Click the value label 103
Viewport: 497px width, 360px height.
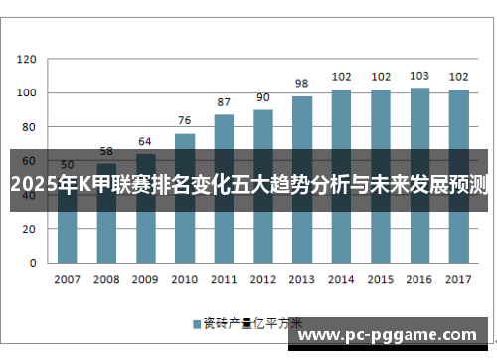click(419, 76)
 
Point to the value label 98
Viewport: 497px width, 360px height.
click(302, 84)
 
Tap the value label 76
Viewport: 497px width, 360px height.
click(185, 120)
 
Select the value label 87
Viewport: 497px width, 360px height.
click(224, 101)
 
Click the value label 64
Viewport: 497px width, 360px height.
click(145, 141)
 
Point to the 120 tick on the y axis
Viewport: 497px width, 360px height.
click(26, 59)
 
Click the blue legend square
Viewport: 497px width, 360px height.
click(196, 323)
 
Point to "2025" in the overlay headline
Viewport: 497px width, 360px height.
click(32, 182)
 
